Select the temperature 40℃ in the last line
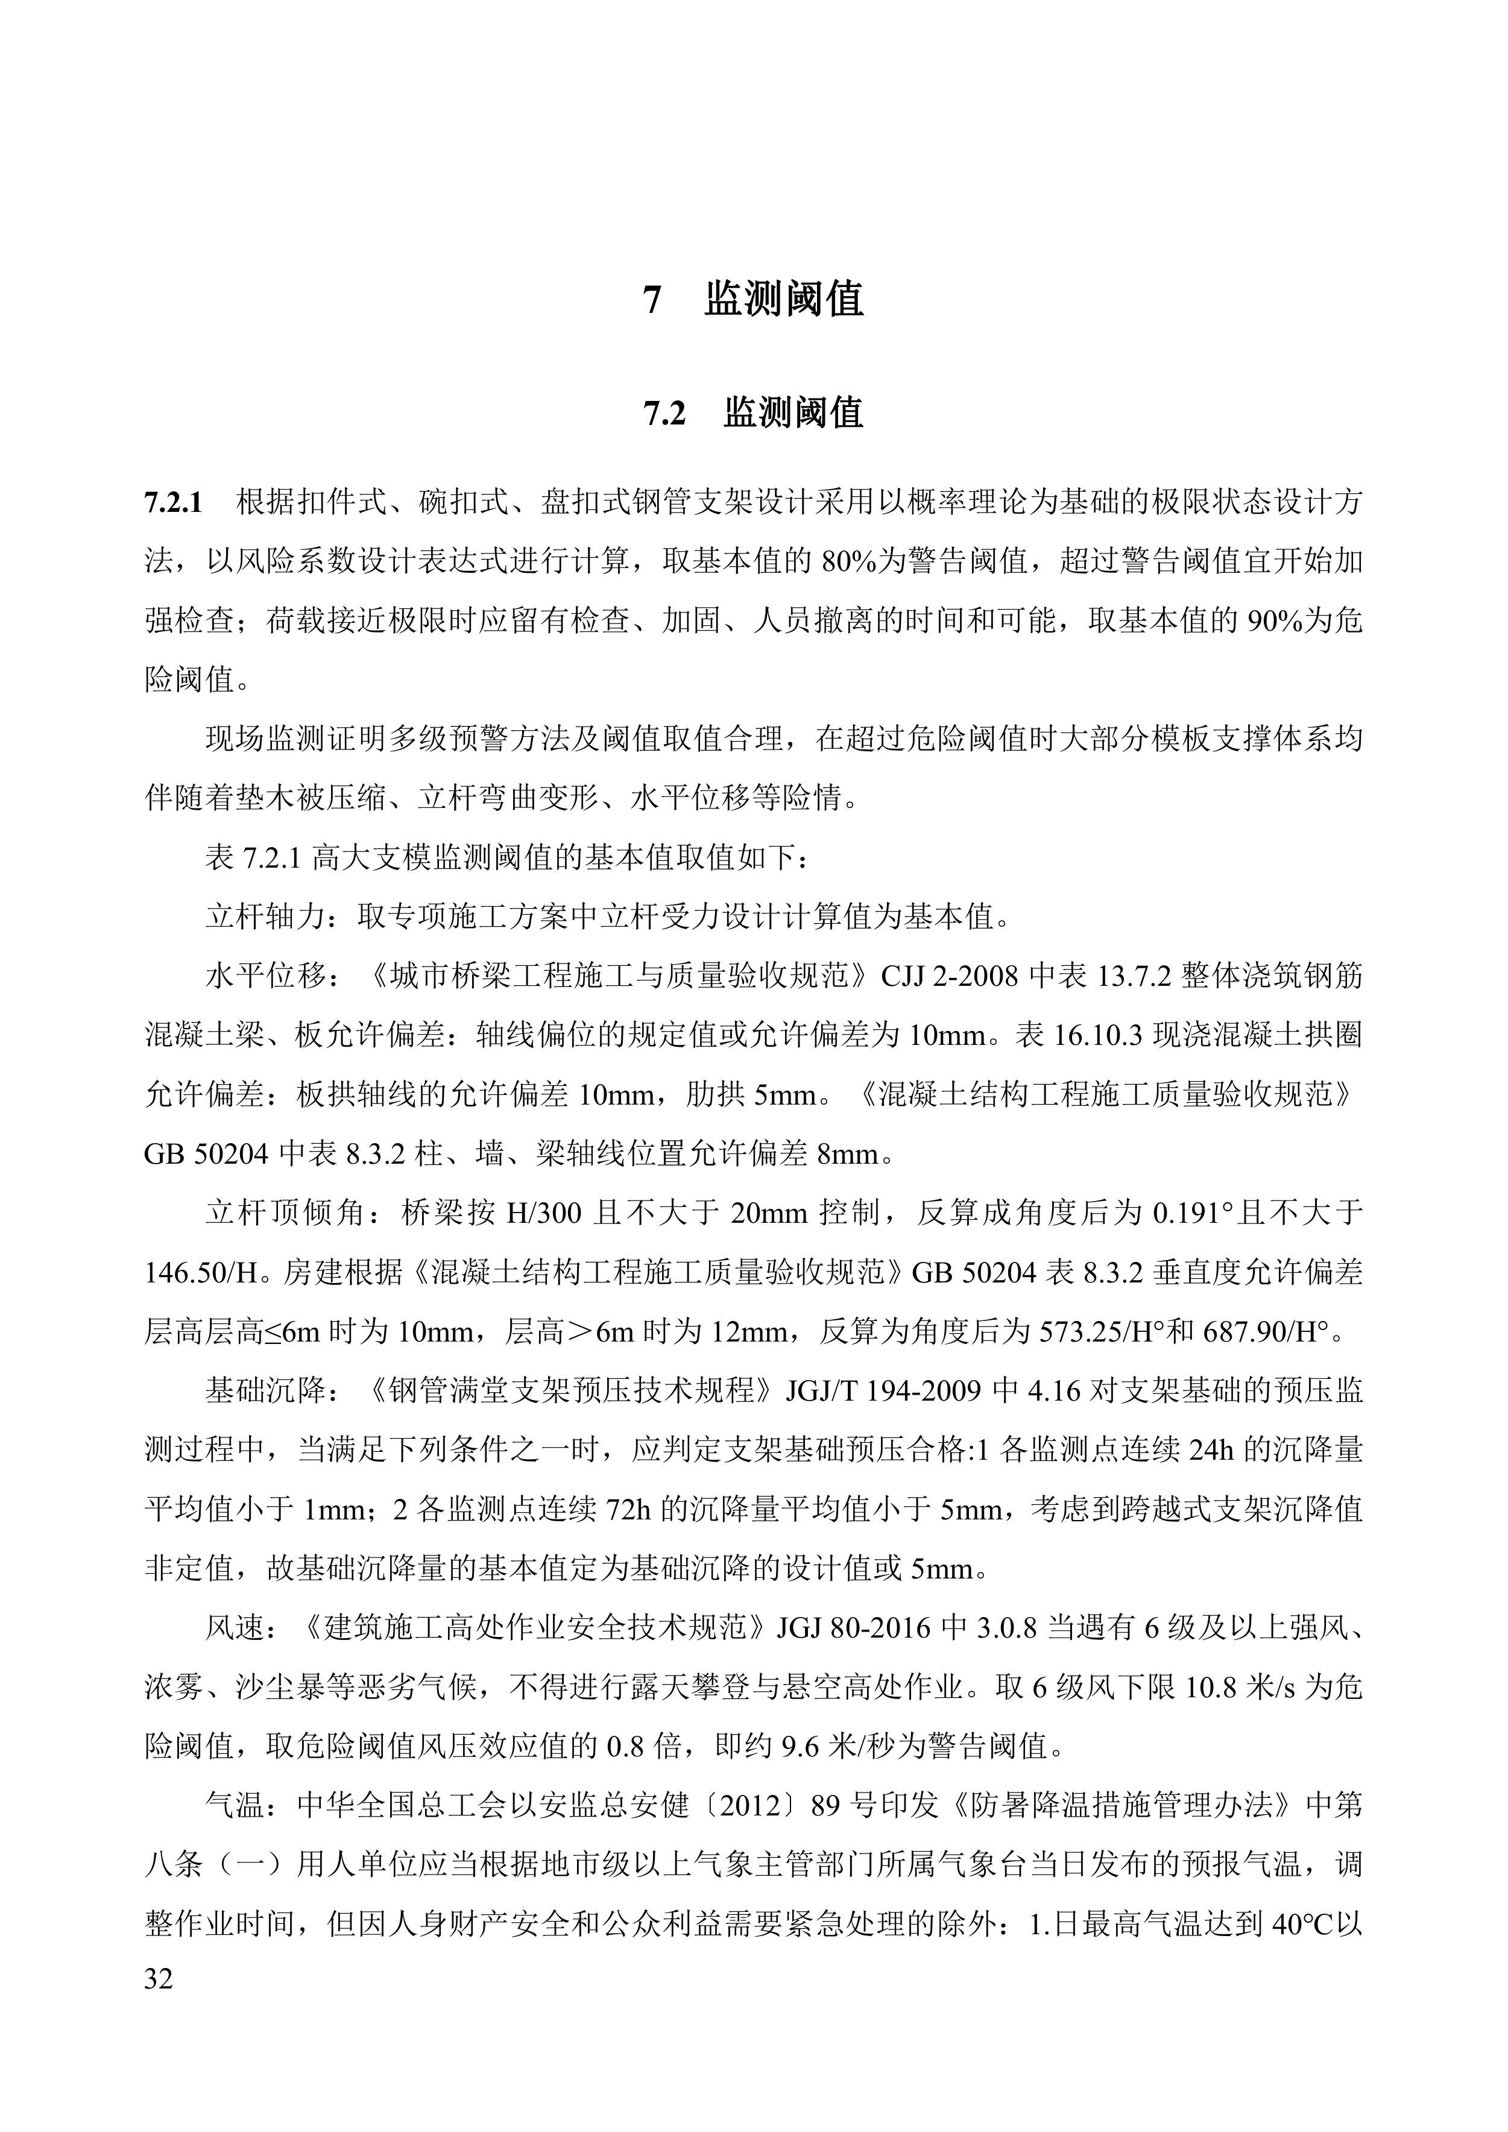click(x=1302, y=1925)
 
